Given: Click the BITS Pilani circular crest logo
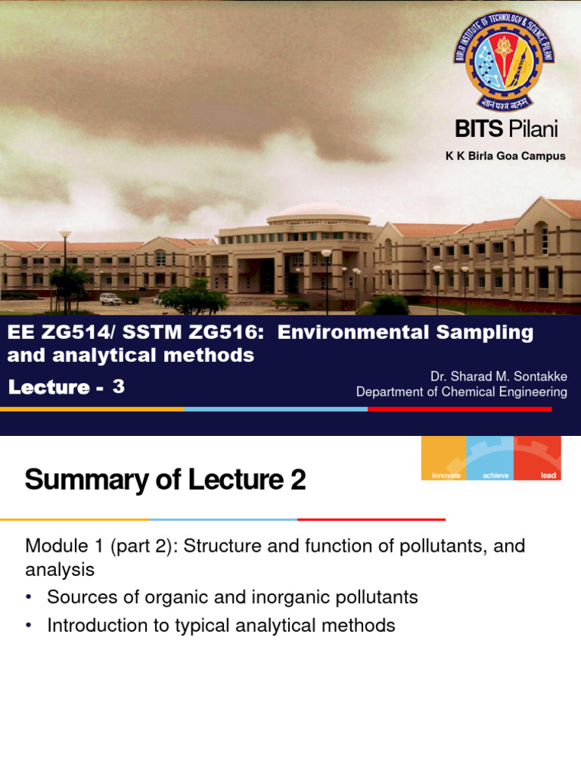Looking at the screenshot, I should coord(504,61).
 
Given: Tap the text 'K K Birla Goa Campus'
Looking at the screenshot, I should coord(505,157).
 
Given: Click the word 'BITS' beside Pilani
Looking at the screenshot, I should coord(479,129).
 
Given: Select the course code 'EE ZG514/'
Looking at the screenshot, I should coord(52,332).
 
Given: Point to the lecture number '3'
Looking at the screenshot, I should coord(118,387).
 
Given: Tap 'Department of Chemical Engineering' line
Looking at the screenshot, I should coord(461,391).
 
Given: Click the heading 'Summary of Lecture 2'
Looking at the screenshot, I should coord(166,480).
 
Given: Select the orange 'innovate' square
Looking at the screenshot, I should coord(444,459).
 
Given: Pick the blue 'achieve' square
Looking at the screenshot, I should coord(490,459).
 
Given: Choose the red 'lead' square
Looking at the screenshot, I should coord(538,459).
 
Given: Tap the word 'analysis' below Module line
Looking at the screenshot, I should coord(60,569).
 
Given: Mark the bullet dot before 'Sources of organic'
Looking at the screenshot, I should coord(30,598).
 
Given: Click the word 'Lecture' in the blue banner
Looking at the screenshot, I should coord(48,387).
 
